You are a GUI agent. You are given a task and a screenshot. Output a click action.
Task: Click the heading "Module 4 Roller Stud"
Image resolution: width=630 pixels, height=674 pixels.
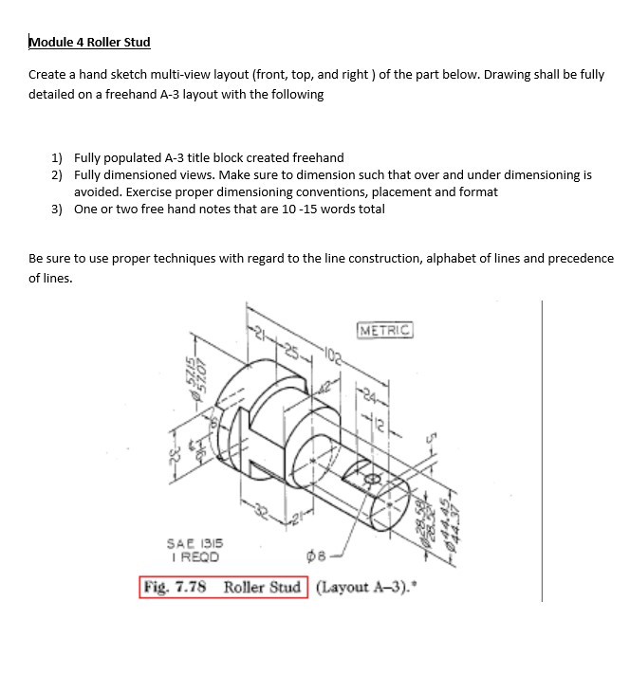[89, 42]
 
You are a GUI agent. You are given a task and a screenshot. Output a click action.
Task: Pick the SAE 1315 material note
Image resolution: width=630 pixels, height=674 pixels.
[194, 545]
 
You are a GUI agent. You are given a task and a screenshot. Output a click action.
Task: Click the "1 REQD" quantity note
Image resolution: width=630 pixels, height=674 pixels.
[192, 556]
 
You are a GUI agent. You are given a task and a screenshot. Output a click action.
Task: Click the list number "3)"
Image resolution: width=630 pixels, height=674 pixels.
[57, 209]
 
